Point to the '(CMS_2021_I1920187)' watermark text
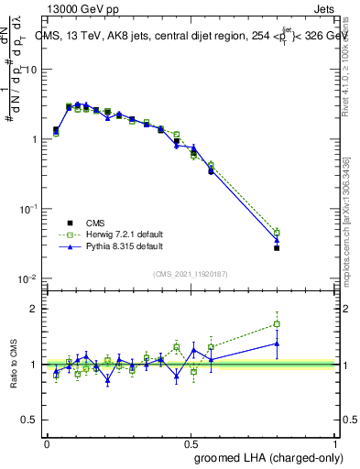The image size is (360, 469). click(x=190, y=273)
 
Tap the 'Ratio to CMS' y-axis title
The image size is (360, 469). click(x=16, y=364)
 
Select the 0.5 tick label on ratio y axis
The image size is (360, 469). click(x=30, y=420)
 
